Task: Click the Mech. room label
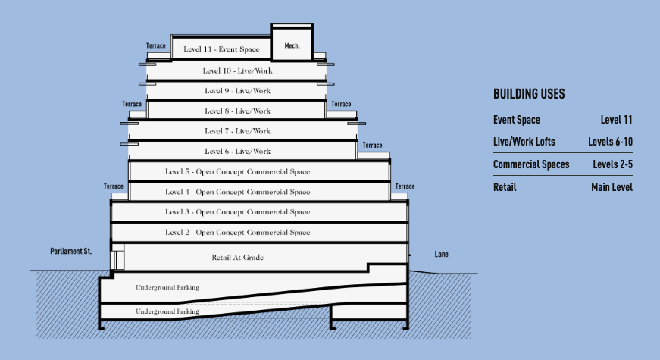(x=292, y=45)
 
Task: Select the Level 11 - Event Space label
(x=221, y=49)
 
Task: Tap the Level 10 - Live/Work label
(x=237, y=70)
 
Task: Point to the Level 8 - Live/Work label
(x=237, y=111)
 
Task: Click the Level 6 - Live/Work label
(x=237, y=151)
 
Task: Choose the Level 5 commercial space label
(x=237, y=171)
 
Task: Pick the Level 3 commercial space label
(x=237, y=211)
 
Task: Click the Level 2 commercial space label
(x=237, y=232)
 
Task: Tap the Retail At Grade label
(x=237, y=257)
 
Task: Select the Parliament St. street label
(x=70, y=251)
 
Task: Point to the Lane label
(x=441, y=254)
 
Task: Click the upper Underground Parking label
(x=167, y=287)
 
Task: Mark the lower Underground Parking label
(x=167, y=311)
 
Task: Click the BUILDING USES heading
(x=529, y=94)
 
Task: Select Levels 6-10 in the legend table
(x=610, y=142)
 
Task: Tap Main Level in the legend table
(x=612, y=187)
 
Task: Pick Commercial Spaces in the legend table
(x=531, y=164)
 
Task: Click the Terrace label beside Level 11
(x=156, y=45)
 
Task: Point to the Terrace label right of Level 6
(x=373, y=146)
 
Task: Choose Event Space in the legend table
(x=517, y=120)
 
